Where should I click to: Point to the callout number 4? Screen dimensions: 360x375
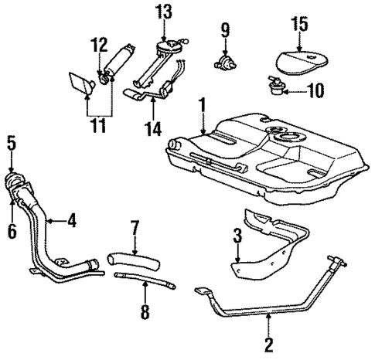(x=71, y=221)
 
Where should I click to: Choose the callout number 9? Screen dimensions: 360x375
(x=225, y=32)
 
